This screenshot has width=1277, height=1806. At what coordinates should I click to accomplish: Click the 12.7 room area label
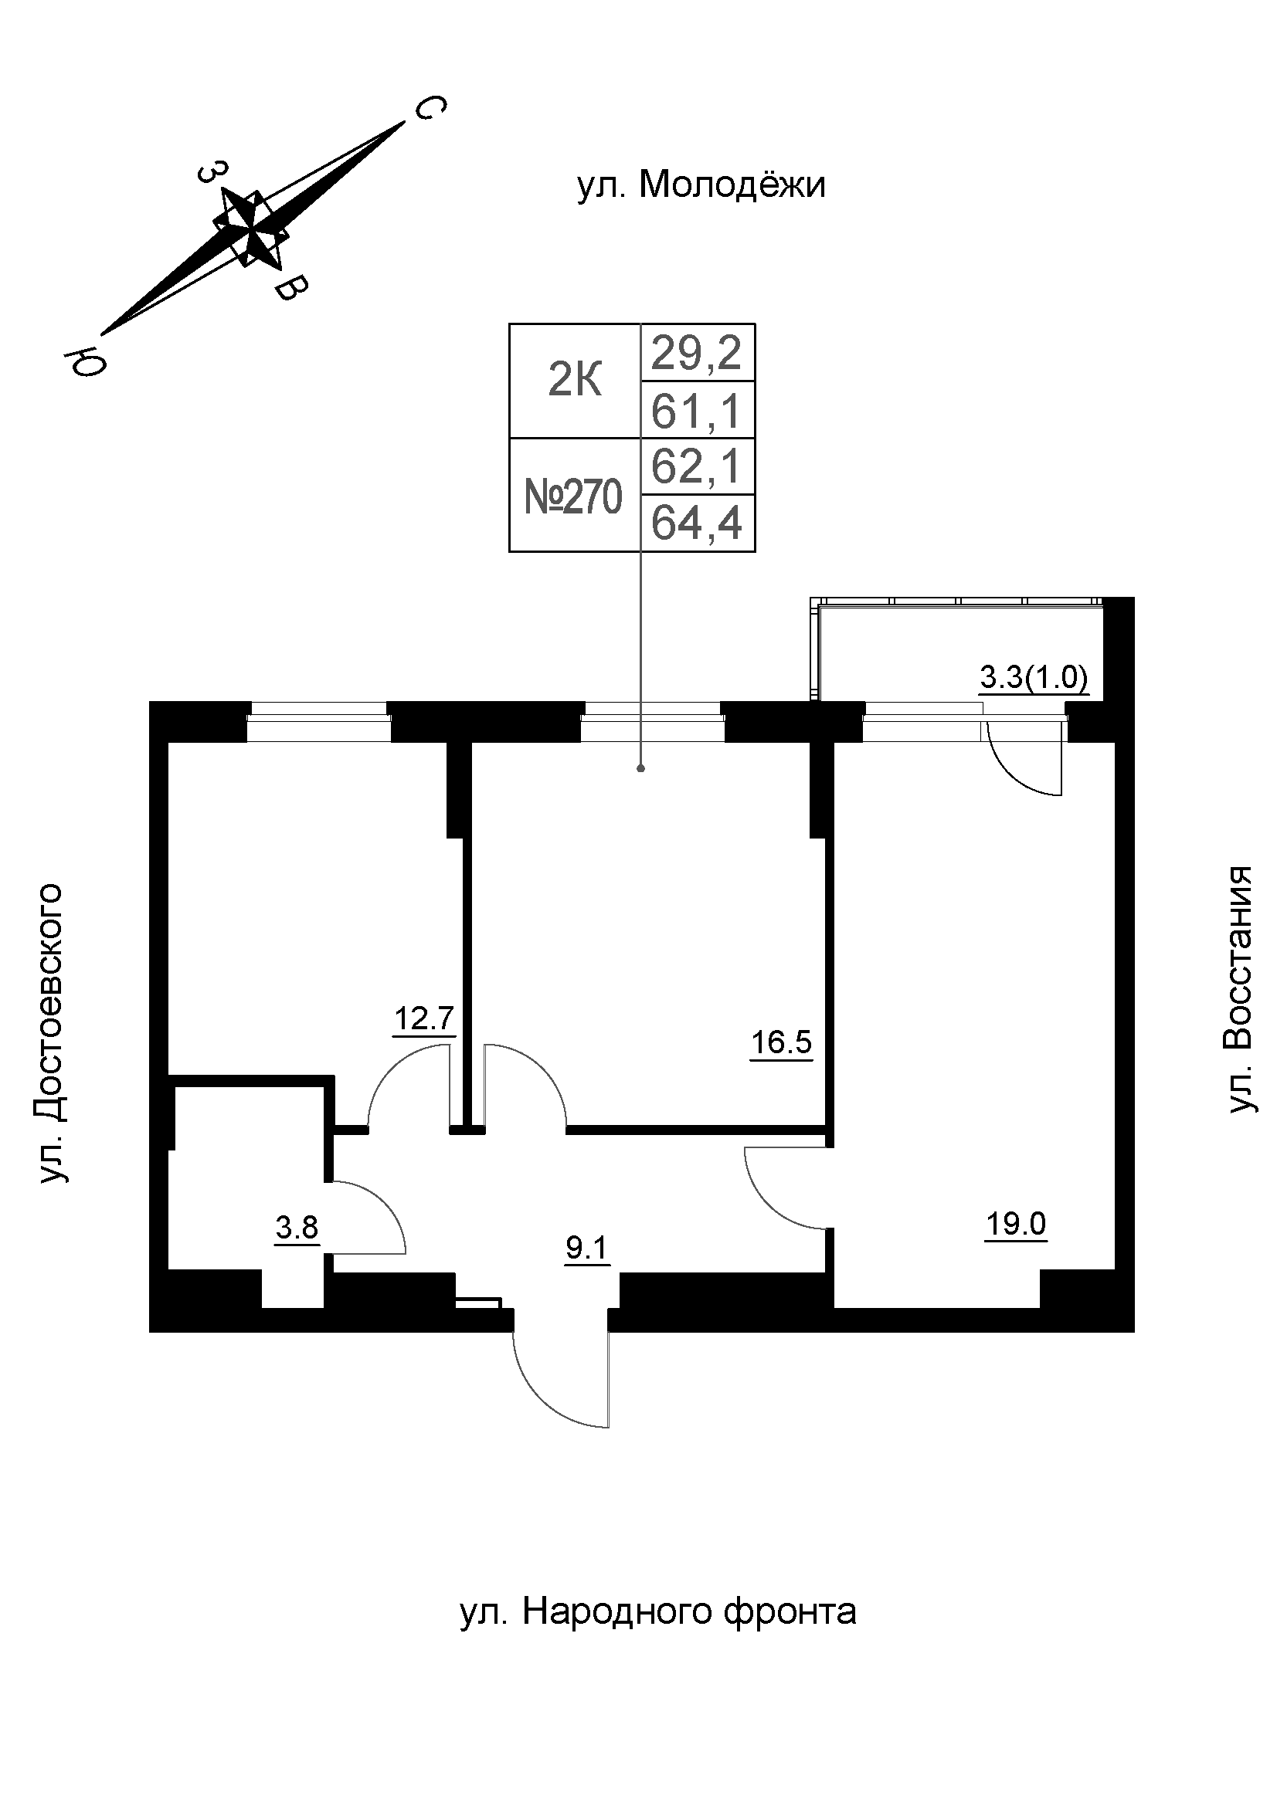(x=424, y=1018)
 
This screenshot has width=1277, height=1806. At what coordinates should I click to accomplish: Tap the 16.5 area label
(x=780, y=1042)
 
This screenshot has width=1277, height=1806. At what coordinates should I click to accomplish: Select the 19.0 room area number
(x=1015, y=1224)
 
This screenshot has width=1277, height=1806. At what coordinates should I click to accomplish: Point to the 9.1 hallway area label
(x=587, y=1248)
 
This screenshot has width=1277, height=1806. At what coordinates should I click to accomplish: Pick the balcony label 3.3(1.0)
(x=1033, y=677)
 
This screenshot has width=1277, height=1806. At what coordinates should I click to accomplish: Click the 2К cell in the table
(x=574, y=381)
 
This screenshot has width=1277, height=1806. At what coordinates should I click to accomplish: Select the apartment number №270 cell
(x=573, y=496)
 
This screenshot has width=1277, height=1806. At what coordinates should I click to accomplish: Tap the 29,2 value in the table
(x=697, y=353)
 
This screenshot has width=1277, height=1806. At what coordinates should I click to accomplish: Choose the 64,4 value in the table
(x=697, y=523)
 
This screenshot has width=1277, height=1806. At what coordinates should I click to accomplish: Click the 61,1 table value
(x=697, y=411)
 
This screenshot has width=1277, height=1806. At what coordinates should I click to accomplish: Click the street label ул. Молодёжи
(x=701, y=185)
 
